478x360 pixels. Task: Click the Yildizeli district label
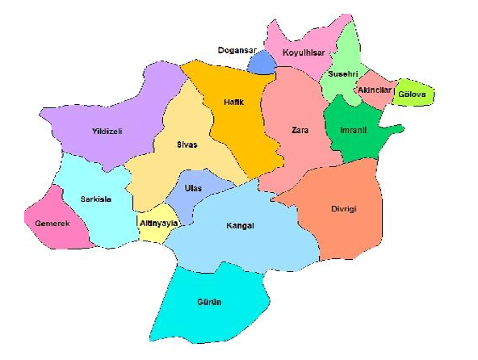(x=107, y=132)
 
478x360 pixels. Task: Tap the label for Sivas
(x=188, y=145)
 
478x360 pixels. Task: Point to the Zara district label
(x=300, y=130)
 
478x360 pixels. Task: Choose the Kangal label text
(x=240, y=226)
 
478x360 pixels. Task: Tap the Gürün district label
(x=209, y=302)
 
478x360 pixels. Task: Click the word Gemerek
(x=53, y=223)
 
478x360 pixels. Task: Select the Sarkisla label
(x=95, y=199)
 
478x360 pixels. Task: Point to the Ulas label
(x=193, y=189)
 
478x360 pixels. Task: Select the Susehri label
(x=339, y=75)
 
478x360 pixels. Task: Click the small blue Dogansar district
(x=261, y=63)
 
